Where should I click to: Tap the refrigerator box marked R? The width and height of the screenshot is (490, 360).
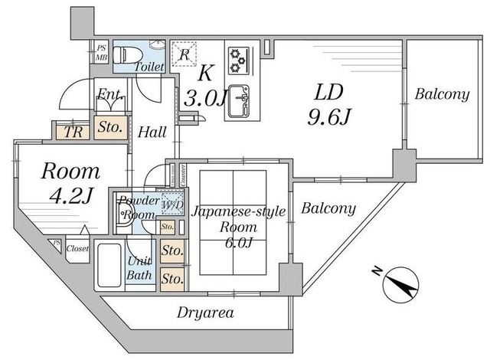pos(183,53)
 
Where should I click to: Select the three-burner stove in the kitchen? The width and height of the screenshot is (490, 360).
pos(237,58)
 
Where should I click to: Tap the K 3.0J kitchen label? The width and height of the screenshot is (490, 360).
pos(204,86)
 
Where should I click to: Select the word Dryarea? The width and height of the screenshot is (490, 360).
pos(204,313)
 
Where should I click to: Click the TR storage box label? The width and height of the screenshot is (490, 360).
pos(73,131)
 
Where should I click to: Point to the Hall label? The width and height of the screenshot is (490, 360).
pos(152,132)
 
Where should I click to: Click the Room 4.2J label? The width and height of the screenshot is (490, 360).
pos(70,182)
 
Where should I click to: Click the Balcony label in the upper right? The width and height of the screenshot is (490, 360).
pos(442,95)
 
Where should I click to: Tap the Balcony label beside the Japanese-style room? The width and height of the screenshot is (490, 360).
pos(327,208)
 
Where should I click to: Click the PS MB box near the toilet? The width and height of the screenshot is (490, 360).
pos(101,52)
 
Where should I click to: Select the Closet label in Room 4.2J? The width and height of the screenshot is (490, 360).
pos(77,248)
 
